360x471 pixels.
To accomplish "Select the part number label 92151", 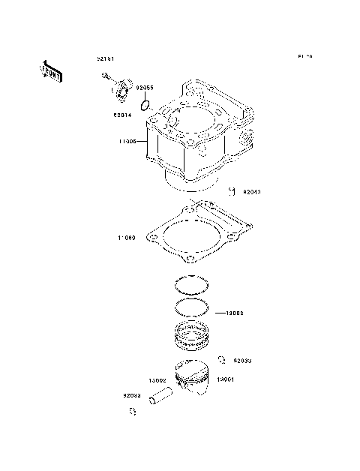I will point(105,58).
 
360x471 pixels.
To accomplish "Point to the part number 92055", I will point(145,88).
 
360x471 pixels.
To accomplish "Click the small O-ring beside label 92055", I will point(147,106).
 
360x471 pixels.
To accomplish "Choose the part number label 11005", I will point(126,140).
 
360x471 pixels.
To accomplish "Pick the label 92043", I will point(251,192).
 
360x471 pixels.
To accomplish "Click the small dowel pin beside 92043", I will point(233,190).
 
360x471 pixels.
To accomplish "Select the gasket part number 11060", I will point(126,238).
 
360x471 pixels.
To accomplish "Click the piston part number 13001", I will point(226,380).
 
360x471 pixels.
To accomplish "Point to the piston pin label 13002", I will point(157,380).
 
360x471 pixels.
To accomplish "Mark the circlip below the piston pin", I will point(132,411).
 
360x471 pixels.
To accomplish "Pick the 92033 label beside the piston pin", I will point(132,395).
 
